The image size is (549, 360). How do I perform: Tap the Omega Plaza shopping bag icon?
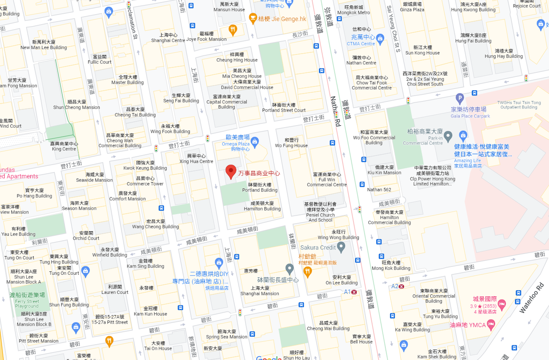tap(255, 141)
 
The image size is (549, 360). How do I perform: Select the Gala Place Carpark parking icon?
tap(459, 99)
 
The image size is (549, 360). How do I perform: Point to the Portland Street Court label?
tap(284, 108)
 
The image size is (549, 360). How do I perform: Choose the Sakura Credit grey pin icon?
tap(341, 247)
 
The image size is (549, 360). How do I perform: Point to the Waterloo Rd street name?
tap(531, 298)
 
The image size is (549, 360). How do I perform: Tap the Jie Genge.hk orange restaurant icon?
tap(252, 18)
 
